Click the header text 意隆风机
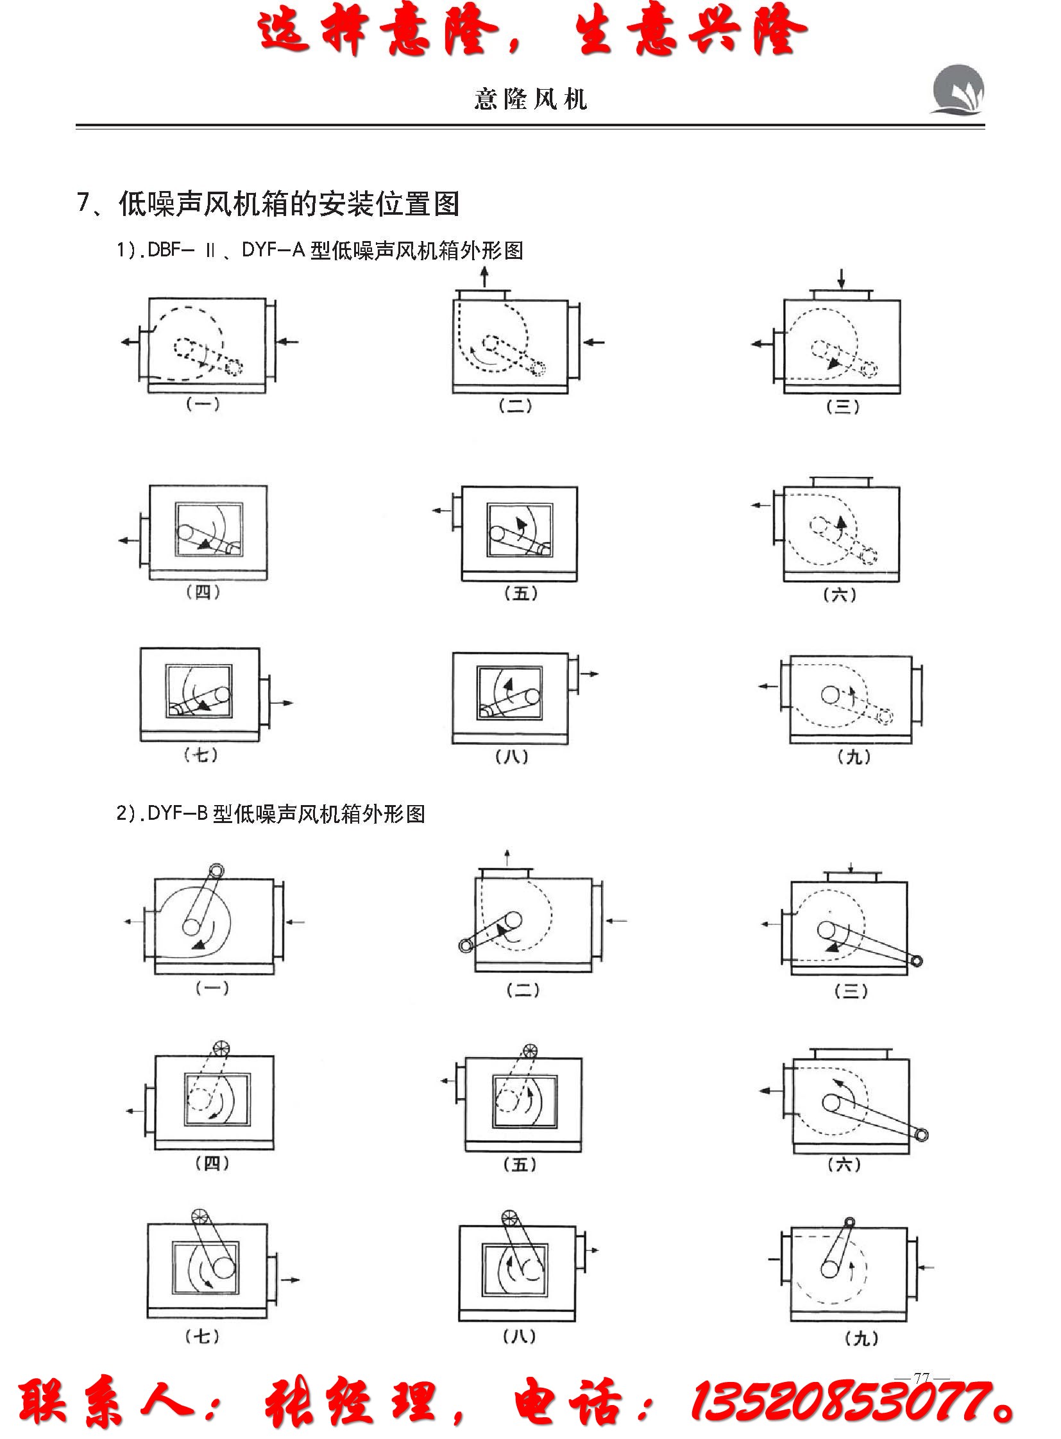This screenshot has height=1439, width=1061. tap(530, 99)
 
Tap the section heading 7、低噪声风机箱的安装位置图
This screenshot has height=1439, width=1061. tap(268, 204)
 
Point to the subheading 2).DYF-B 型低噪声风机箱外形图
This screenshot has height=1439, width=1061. tap(271, 815)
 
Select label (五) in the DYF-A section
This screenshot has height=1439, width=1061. tap(521, 593)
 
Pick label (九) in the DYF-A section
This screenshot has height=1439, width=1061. tap(854, 757)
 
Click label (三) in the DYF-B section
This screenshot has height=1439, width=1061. tap(851, 991)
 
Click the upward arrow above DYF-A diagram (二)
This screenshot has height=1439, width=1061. tap(484, 277)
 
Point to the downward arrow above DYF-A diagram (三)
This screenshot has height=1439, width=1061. tap(842, 278)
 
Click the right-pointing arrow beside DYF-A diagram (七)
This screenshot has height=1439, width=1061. tap(284, 703)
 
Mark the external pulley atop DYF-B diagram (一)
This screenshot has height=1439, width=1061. tap(217, 870)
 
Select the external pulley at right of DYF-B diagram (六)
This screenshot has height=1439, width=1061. tap(922, 1134)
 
